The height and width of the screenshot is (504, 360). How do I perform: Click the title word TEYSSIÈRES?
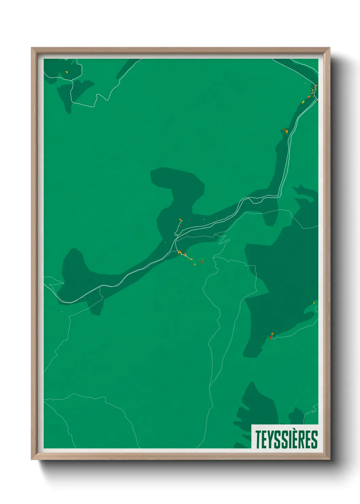(287, 439)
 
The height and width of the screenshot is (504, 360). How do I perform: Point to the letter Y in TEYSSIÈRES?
(269, 439)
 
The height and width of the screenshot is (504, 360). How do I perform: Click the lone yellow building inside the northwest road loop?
(67, 72)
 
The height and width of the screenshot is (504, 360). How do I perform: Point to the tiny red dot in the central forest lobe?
(187, 175)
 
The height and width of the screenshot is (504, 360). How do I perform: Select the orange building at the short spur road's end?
(180, 220)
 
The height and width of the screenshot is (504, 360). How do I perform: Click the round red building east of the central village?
(201, 262)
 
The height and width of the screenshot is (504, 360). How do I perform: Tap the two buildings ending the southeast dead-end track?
(271, 336)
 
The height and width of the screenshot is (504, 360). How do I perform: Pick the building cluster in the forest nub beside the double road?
(285, 130)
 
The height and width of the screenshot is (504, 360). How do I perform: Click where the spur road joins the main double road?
(176, 235)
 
